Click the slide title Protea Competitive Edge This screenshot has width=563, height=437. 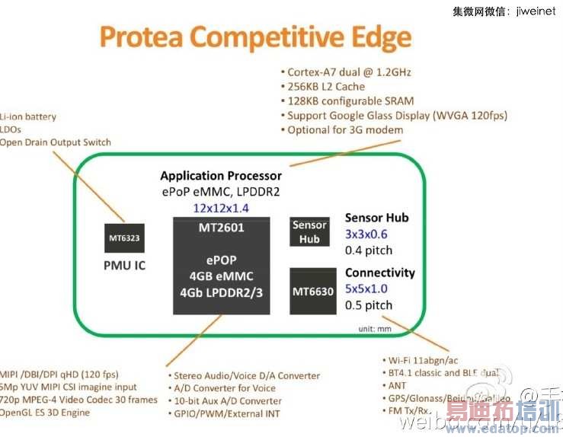256,37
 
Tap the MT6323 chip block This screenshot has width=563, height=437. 123,238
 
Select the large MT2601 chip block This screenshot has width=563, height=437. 222,266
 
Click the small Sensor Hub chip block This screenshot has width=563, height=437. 309,231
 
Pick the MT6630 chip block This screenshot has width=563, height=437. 312,291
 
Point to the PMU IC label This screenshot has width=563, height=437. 124,266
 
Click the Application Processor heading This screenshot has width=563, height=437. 221,176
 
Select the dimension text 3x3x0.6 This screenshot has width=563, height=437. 366,234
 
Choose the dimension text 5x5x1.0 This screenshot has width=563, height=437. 366,289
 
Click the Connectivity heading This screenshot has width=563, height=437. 380,273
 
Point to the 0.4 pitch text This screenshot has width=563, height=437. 369,250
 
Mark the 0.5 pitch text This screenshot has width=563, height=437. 369,305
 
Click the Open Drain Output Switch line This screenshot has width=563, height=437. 56,142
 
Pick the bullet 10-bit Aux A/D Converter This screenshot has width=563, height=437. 227,401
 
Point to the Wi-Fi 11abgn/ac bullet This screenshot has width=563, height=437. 428,359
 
